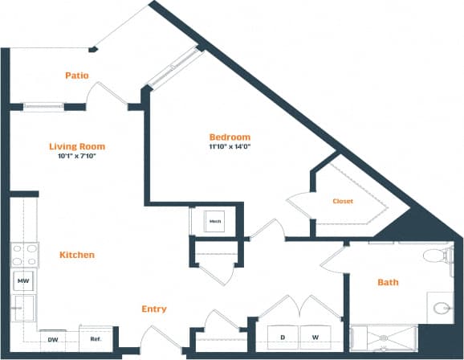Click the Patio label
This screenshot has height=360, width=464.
coord(77,76)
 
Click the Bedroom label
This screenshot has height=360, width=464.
coord(230,137)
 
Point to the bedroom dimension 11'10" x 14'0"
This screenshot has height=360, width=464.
coord(230,147)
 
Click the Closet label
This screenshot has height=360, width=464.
coord(344,201)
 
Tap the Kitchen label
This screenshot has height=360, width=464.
coord(77,255)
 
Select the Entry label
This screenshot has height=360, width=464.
coord(154,309)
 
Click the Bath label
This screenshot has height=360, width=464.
coord(387,282)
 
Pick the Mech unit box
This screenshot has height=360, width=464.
coord(215,222)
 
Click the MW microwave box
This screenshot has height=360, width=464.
coord(23,281)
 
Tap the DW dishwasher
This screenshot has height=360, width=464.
coord(53,339)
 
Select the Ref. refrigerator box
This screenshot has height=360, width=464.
coord(95,339)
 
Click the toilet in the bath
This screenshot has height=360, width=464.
coord(436,256)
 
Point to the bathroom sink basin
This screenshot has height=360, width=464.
coord(441,307)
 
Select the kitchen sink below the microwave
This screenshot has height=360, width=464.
coord(23,308)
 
